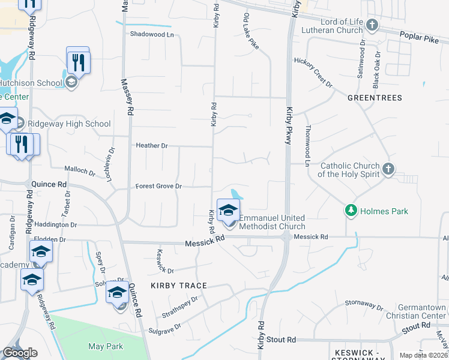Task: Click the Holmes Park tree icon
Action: click(x=351, y=211)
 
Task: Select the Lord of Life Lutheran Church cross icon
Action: click(x=372, y=25)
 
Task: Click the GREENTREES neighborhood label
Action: click(x=373, y=97)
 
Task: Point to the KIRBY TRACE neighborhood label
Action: click(x=179, y=286)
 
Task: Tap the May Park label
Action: click(x=105, y=346)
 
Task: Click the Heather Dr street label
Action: click(x=152, y=145)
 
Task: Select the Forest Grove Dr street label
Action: click(x=158, y=186)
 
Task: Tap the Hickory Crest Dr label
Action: click(x=313, y=72)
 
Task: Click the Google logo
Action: click(x=20, y=353)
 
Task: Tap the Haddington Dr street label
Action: click(x=56, y=224)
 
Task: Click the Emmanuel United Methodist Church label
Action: click(x=273, y=222)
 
